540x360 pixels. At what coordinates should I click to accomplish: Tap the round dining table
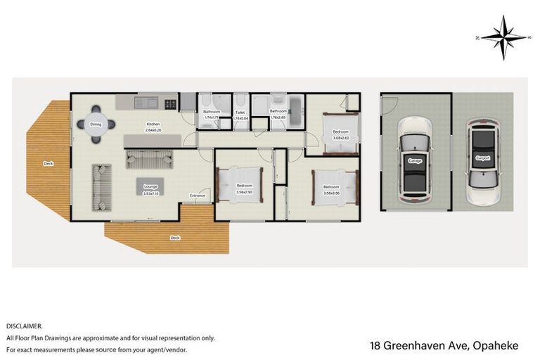[96, 125]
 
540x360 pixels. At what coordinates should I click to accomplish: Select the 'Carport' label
[482, 158]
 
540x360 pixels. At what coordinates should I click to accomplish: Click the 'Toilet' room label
[240, 112]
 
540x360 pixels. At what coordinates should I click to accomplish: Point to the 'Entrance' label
[197, 195]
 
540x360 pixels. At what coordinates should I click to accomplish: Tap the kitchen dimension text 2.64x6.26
[153, 130]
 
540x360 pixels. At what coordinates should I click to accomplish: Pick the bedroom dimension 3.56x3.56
[330, 193]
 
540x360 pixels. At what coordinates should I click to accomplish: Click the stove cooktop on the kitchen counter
[170, 103]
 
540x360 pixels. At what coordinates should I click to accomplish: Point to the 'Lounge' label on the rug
[150, 186]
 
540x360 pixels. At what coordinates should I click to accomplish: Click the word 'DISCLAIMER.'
[25, 326]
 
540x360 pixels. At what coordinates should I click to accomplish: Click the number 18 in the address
[376, 345]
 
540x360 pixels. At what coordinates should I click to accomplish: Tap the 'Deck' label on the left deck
[49, 163]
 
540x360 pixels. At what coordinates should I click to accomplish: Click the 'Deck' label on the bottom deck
[175, 238]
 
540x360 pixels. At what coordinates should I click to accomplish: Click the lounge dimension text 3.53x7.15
[150, 192]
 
